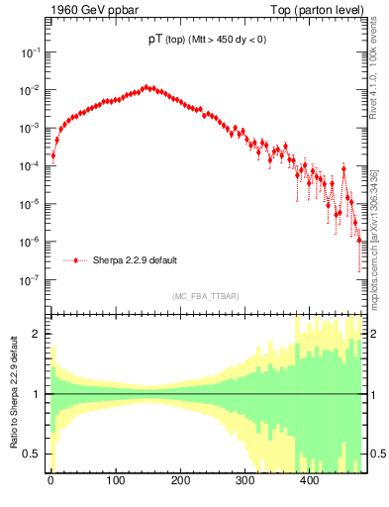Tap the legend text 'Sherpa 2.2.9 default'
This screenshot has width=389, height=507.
[135, 260]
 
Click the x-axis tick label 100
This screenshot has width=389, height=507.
[115, 482]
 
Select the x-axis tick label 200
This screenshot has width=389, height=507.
[180, 482]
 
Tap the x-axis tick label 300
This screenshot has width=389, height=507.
[244, 482]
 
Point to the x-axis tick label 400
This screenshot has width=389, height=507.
[310, 482]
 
